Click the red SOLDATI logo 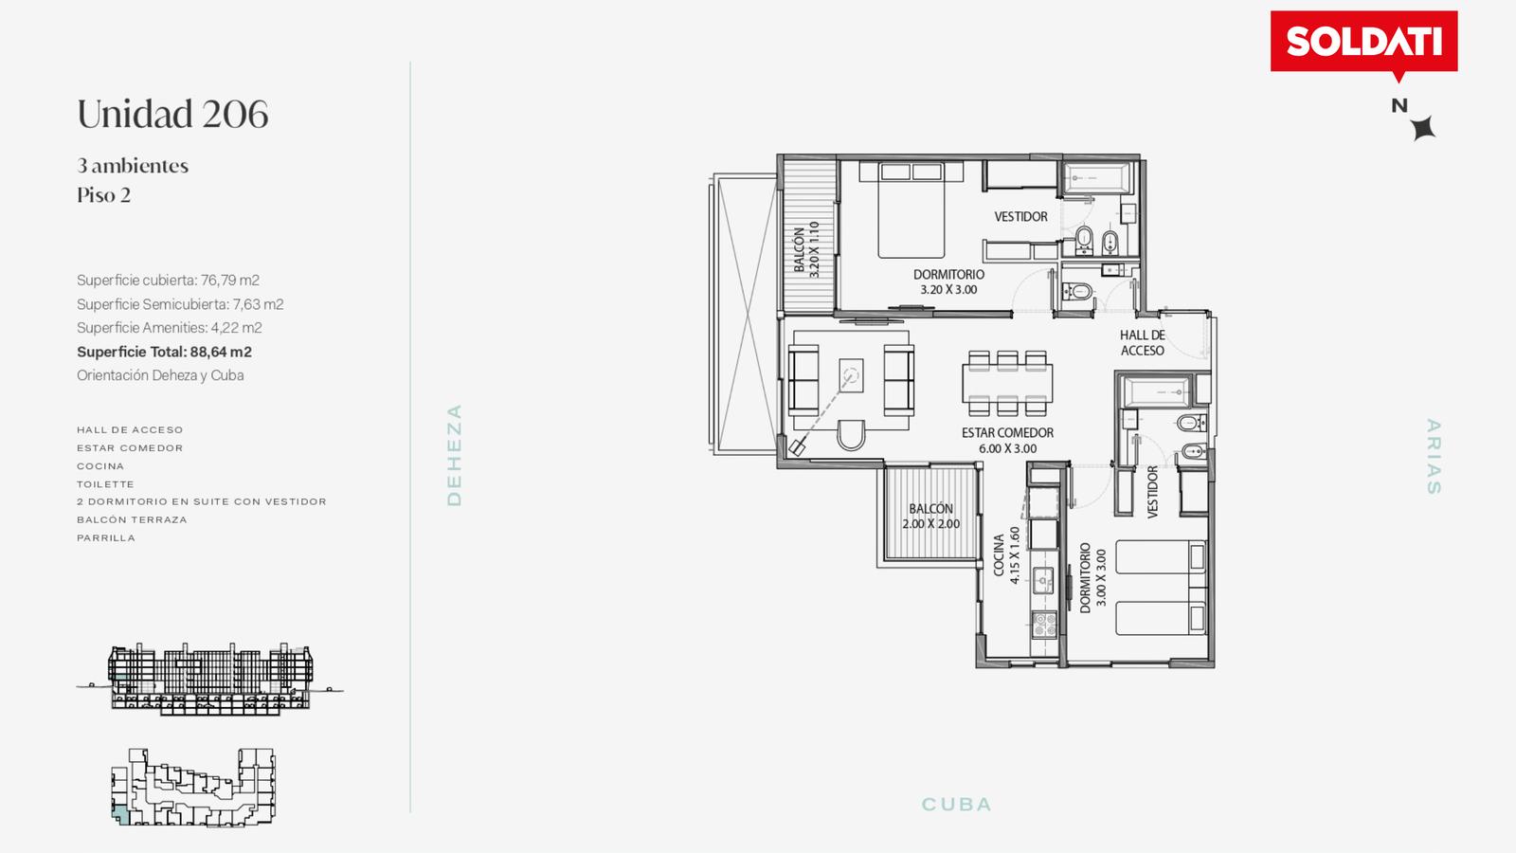[1363, 42]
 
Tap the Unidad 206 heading [172, 114]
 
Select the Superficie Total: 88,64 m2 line [164, 352]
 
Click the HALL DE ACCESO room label [1143, 342]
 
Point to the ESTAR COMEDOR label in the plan [1008, 440]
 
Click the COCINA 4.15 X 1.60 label [1006, 555]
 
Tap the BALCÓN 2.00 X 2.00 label [930, 516]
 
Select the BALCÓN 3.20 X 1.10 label [806, 249]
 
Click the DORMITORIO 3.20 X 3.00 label [948, 281]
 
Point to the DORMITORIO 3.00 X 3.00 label [1093, 577]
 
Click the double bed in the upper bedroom [911, 209]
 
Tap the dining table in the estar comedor [1007, 383]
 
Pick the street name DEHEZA [455, 455]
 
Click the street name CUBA [956, 805]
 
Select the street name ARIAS [1434, 456]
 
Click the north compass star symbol [1424, 128]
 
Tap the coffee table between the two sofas [851, 375]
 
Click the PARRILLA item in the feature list [106, 538]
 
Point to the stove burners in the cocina [1043, 624]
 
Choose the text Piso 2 [103, 195]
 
